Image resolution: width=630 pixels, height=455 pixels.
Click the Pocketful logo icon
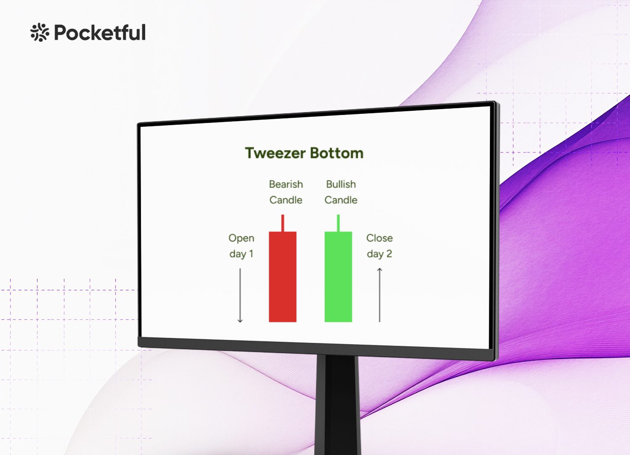point(40,32)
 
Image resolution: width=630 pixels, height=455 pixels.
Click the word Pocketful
point(100,32)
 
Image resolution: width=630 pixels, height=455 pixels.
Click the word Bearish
point(286,184)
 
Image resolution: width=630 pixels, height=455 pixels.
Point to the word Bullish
point(341,184)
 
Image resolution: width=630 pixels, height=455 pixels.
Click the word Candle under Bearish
point(286,200)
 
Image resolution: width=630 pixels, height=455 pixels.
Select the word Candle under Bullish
point(341,200)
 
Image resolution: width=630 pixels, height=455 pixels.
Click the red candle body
point(283,277)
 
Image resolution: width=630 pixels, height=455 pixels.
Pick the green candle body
point(338,277)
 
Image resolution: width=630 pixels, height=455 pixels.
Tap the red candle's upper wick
point(283,223)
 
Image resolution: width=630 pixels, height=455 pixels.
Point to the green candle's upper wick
point(338,223)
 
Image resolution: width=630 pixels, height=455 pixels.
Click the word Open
point(241,238)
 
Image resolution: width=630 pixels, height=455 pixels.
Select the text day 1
point(241,254)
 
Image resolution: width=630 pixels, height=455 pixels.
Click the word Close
point(380,238)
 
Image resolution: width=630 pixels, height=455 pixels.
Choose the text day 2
point(380,254)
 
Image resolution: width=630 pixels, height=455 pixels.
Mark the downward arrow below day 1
point(240,295)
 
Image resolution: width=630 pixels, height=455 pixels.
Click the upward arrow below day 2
point(380,295)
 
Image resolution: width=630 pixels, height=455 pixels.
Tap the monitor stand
point(338,405)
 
